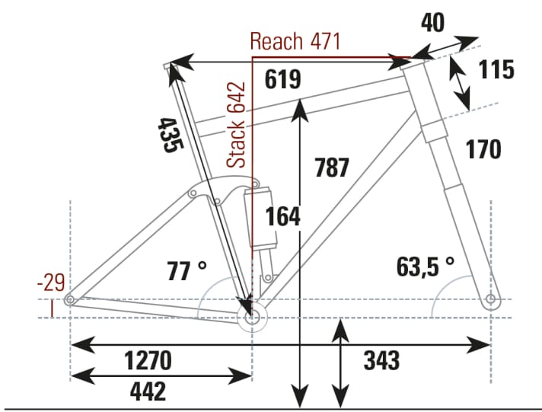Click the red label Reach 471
(x=295, y=42)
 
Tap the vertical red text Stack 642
(x=238, y=125)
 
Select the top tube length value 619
(x=283, y=79)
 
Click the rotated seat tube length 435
(x=169, y=136)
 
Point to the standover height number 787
(x=332, y=167)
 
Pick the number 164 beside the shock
(x=283, y=216)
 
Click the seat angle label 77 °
(x=187, y=270)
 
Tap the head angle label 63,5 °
(x=425, y=266)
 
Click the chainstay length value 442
(x=148, y=391)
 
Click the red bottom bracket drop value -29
(x=50, y=283)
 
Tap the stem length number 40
(x=433, y=23)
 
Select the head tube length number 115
(x=496, y=71)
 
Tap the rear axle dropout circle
(x=70, y=300)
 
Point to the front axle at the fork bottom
(x=491, y=298)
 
